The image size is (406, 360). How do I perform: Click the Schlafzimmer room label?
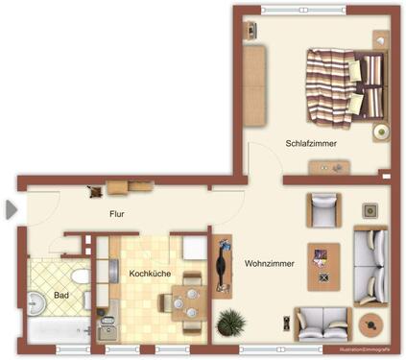[310, 144]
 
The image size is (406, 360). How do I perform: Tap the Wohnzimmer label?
[268, 263]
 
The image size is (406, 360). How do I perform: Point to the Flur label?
[117, 214]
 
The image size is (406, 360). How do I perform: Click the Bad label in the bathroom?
[61, 296]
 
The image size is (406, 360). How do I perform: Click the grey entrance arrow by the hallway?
[11, 208]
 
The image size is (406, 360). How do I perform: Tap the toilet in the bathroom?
[84, 276]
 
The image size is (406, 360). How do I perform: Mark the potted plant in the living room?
[230, 322]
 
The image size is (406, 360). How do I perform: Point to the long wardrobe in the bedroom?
[253, 84]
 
